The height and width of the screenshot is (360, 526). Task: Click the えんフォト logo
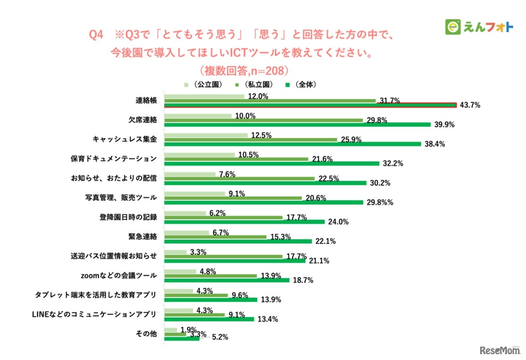pos(479,27)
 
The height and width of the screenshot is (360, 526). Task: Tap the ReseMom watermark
pos(500,350)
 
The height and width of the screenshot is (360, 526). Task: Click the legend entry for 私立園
pos(254,84)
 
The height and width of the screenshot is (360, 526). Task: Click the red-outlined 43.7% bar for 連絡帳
pos(311,105)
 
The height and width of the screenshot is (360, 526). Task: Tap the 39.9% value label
pos(443,125)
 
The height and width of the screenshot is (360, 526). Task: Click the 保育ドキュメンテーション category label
pos(113,159)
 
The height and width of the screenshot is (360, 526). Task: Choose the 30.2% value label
pos(379,183)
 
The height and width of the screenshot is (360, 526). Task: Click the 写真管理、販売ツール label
pos(120,197)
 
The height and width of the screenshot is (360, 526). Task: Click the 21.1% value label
pos(318,261)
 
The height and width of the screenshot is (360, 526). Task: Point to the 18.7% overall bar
pos(227,280)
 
